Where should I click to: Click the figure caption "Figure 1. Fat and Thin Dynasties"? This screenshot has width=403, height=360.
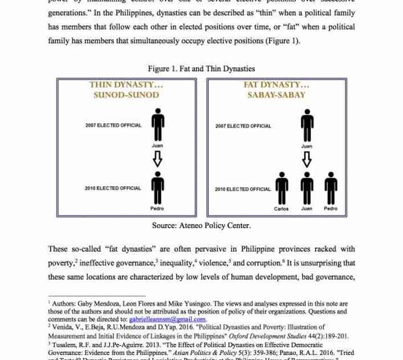(201, 69)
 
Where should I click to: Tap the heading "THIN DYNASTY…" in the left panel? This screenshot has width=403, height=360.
(126, 85)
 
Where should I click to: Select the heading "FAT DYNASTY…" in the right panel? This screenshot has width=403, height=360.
(276, 85)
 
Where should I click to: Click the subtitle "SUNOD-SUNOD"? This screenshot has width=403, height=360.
(126, 95)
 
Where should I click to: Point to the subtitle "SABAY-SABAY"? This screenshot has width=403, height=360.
(276, 95)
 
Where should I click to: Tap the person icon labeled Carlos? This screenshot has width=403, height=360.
(282, 189)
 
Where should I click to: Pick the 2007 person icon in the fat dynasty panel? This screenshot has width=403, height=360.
(307, 126)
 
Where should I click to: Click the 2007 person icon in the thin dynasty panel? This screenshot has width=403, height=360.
(157, 126)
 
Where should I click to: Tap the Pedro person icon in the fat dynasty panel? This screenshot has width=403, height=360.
(331, 189)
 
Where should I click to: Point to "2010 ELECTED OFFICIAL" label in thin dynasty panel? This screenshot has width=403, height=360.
(113, 188)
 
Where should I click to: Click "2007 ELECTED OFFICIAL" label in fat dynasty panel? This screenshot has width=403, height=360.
(243, 126)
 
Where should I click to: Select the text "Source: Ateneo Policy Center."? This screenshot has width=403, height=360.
(201, 226)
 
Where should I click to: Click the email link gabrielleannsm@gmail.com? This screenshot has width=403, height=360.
(167, 319)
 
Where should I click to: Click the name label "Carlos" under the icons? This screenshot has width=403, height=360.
(282, 209)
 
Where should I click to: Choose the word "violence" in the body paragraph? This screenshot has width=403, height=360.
(213, 264)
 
